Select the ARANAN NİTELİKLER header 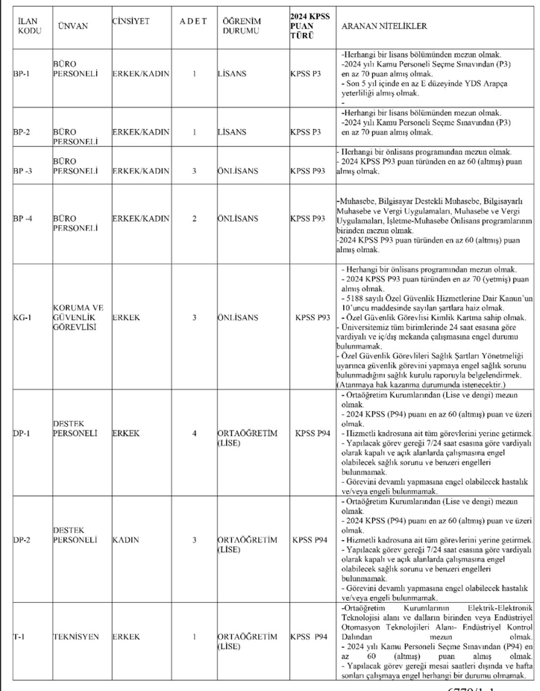pyautogui.click(x=383, y=26)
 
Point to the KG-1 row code pyautogui.click(x=22, y=316)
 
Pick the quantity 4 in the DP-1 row pyautogui.click(x=195, y=432)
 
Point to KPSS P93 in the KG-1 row pyautogui.click(x=313, y=316)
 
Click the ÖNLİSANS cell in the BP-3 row pyautogui.click(x=237, y=171)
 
